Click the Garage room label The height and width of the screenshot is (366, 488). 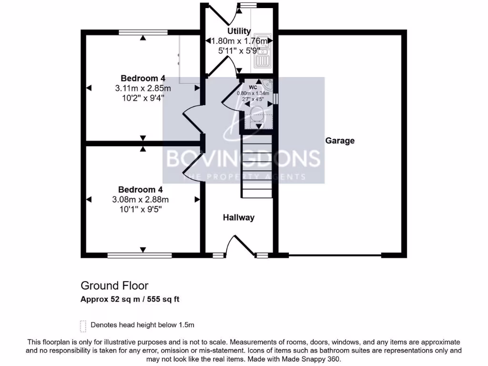coord(340,141)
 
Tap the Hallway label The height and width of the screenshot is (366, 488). coord(239,218)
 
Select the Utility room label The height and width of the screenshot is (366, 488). coord(239,31)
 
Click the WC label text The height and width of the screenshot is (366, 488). coord(253,88)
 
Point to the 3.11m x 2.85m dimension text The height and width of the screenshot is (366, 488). coord(143,88)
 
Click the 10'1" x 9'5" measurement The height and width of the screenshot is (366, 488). coord(143,209)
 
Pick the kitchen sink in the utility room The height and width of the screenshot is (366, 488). coord(263,50)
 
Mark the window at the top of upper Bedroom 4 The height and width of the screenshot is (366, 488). coord(142,33)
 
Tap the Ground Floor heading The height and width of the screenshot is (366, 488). coord(114,285)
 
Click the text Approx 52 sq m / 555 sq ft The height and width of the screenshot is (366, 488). coord(130,300)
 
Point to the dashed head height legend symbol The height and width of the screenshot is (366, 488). coord(83,326)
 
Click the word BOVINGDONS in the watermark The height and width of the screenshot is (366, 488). coord(243,159)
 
